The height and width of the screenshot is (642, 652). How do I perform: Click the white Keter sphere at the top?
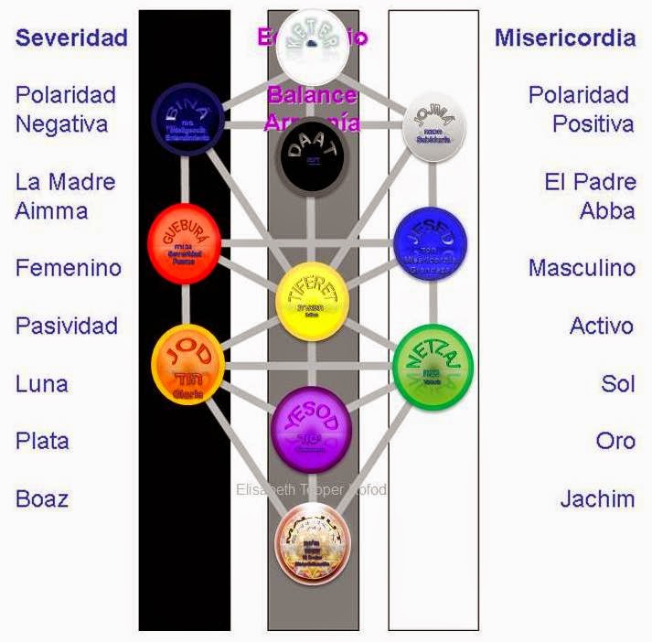pyautogui.click(x=314, y=46)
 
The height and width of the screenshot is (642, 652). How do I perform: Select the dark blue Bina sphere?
pyautogui.click(x=188, y=119)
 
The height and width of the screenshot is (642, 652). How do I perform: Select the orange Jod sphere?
pyautogui.click(x=188, y=363)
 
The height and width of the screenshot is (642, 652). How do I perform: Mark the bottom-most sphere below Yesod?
pyautogui.click(x=314, y=543)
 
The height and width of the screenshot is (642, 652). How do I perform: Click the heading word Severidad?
pyautogui.click(x=71, y=37)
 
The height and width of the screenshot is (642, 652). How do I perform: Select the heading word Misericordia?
pyautogui.click(x=565, y=37)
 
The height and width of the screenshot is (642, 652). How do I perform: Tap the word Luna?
pyautogui.click(x=42, y=383)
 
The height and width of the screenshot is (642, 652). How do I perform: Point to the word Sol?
pyautogui.click(x=618, y=383)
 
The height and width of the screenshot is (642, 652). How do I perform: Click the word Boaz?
pyautogui.click(x=42, y=498)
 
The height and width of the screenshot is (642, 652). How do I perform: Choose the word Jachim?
pyautogui.click(x=597, y=498)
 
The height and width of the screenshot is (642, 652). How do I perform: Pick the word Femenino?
pyautogui.click(x=69, y=268)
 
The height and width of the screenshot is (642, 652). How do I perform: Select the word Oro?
pyautogui.click(x=615, y=441)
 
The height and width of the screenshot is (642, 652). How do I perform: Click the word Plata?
pyautogui.click(x=43, y=441)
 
